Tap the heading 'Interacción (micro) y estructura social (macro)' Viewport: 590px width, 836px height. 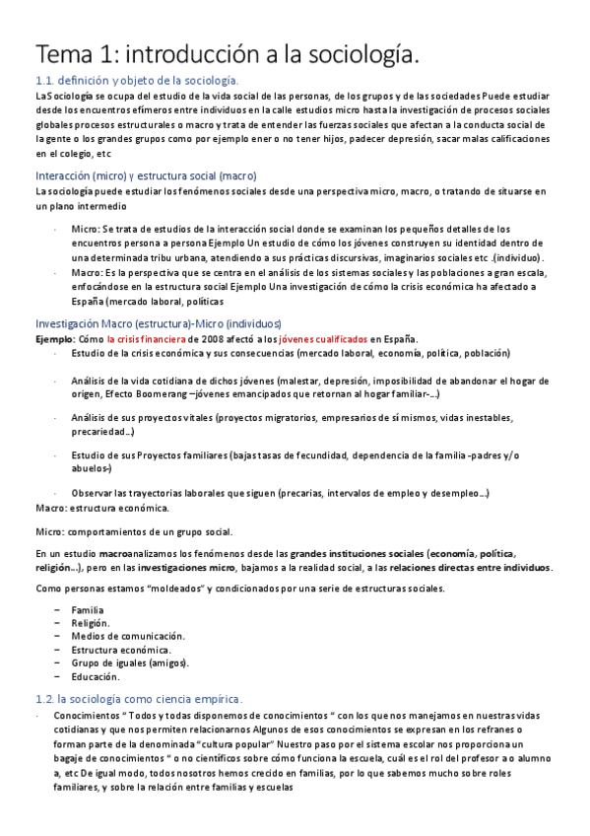click(145, 175)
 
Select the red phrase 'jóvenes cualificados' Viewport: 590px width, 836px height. click(323, 338)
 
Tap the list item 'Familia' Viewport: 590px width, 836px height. click(88, 610)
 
